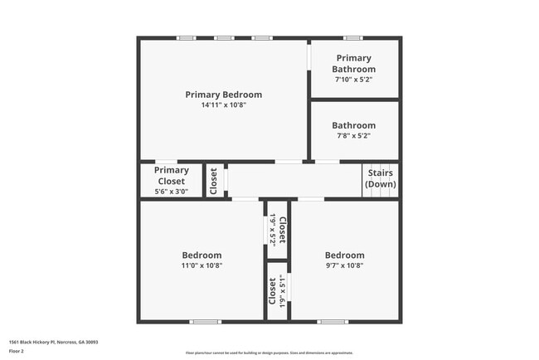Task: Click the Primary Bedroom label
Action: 223,95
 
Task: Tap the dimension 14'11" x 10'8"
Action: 223,105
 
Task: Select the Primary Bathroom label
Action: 353,63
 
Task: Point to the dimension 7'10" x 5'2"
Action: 353,80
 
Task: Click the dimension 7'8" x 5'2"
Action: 353,136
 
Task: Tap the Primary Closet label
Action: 171,176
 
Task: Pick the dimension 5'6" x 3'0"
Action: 171,192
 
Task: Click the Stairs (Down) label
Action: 381,178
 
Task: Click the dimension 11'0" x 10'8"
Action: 202,265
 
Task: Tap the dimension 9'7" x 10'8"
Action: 344,265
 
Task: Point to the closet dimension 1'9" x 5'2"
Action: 273,228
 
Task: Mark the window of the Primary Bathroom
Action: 353,37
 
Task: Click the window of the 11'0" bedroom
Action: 205,322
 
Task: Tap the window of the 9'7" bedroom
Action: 333,322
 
